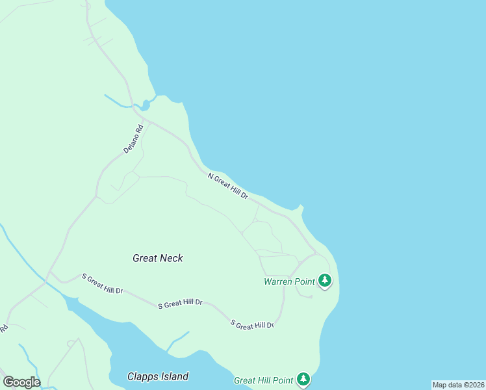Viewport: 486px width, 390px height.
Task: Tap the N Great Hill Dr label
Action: pyautogui.click(x=228, y=186)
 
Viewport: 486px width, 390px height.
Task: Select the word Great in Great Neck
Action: pyautogui.click(x=145, y=258)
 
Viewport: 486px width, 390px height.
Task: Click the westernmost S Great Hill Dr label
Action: pyautogui.click(x=103, y=283)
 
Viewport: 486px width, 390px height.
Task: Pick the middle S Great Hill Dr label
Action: pyautogui.click(x=181, y=303)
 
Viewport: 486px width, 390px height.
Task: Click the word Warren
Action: pyautogui.click(x=279, y=281)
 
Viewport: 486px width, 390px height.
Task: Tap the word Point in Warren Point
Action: pyautogui.click(x=305, y=281)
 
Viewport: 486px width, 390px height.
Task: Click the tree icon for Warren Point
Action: pyautogui.click(x=325, y=281)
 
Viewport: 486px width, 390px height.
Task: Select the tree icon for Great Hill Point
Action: pyautogui.click(x=303, y=379)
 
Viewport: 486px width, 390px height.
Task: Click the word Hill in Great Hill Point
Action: pyautogui.click(x=268, y=380)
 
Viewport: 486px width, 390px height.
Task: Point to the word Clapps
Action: pyautogui.click(x=142, y=376)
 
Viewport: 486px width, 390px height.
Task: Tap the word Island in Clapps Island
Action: pyautogui.click(x=174, y=376)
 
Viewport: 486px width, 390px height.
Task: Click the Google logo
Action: pyautogui.click(x=21, y=382)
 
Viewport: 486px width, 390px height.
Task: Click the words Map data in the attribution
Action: pyautogui.click(x=447, y=385)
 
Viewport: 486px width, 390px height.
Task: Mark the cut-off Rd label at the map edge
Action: pyautogui.click(x=3, y=328)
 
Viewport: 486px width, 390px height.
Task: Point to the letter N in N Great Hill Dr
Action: pyautogui.click(x=211, y=175)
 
